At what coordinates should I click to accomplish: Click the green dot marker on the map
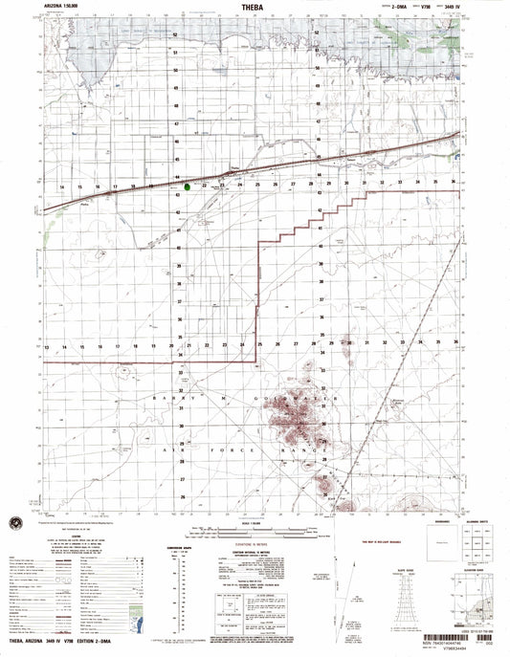click(188, 186)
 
